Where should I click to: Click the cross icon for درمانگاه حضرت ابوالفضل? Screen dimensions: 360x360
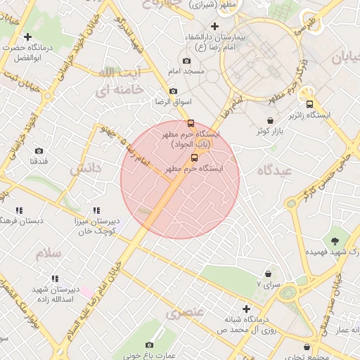coord(27,37)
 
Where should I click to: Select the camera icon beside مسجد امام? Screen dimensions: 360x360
coord(186,61)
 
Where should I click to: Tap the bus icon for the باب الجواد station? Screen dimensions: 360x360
coord(191,123)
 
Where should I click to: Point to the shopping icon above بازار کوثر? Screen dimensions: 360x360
coord(271,121)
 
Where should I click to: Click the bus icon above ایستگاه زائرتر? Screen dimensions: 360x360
coord(309,104)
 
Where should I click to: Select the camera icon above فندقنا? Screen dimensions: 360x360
coord(39,150)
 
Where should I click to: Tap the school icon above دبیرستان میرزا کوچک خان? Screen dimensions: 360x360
coord(96,210)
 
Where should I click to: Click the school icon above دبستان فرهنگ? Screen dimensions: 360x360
coord(19,210)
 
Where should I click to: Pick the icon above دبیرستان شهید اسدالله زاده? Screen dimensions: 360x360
coord(55,279)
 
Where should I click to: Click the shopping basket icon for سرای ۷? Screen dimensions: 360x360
coord(268,274)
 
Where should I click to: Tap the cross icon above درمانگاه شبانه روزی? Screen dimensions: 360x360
coord(246,309)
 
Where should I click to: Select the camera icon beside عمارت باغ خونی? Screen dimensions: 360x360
coord(149,345)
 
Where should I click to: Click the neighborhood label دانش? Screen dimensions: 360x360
coord(85,169)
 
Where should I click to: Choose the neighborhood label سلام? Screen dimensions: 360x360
coord(49,253)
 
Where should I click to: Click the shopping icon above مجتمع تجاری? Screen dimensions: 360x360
coord(307,347)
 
